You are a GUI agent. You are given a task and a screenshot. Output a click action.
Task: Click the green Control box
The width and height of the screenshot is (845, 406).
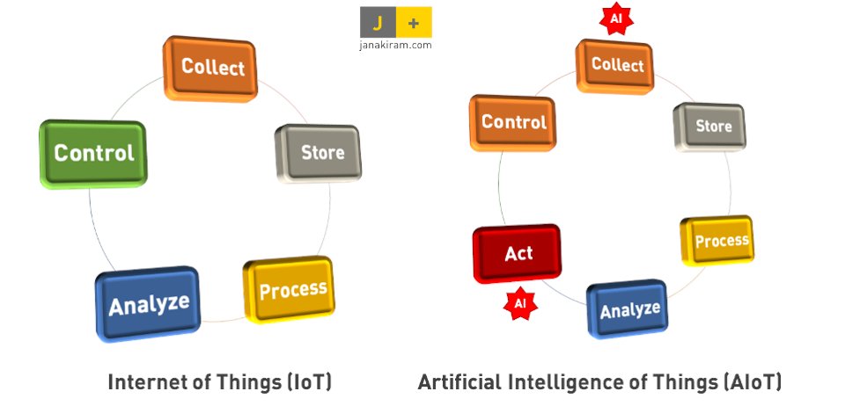coord(93,153)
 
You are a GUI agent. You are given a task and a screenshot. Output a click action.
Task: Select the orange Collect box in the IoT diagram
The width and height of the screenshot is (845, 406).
coord(211,68)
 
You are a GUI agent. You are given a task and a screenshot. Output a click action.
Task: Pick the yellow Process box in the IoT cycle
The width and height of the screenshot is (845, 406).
coord(290,289)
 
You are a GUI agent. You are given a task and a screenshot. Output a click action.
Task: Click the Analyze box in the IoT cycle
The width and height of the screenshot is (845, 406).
coord(148,304)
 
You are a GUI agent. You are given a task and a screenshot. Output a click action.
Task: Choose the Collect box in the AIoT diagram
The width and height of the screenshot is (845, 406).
coord(617,65)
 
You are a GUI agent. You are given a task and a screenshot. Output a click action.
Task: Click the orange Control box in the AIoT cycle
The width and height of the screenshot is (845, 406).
coord(513,122)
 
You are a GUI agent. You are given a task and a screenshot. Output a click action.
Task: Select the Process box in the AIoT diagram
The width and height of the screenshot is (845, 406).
coord(718,241)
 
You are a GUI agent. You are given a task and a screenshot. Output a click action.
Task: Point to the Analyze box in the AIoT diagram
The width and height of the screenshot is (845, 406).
coord(628,309)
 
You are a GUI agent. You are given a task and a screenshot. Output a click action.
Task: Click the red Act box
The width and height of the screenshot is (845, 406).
coord(518,254)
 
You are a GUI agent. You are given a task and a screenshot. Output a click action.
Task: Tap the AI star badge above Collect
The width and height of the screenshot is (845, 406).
coord(616,18)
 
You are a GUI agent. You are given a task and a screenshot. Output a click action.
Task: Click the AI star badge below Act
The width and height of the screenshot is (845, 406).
coord(519,302)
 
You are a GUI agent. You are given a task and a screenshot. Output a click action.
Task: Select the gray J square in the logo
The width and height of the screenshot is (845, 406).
coord(378,22)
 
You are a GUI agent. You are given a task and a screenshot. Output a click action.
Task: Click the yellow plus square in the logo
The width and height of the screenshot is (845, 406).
coord(414,22)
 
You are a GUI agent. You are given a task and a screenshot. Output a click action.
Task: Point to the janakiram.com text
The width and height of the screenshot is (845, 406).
coord(395,45)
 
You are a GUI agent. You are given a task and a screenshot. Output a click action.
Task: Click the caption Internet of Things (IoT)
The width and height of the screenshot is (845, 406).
coord(219,382)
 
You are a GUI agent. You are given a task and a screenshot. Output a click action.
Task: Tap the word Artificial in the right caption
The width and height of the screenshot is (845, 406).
coord(461,382)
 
